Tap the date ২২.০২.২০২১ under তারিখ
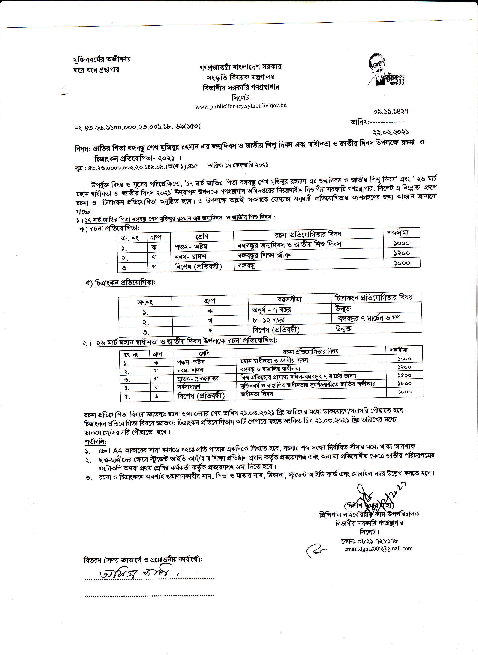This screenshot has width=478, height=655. point(391,132)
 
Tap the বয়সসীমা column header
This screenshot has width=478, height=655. point(289,299)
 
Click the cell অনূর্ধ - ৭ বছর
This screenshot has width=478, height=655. point(271,310)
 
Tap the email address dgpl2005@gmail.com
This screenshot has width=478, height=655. point(378,548)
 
